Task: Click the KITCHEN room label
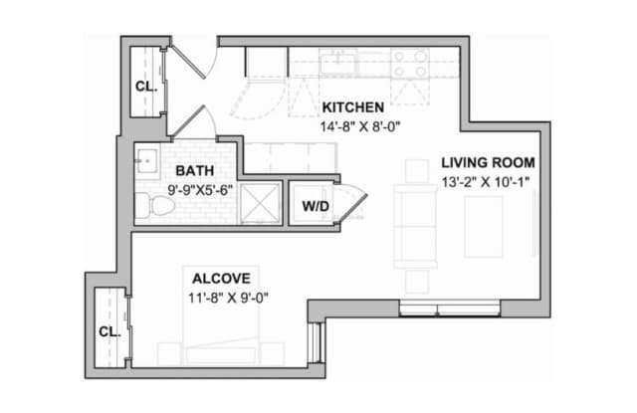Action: pos(352,107)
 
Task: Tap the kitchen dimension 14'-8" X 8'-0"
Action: pos(360,127)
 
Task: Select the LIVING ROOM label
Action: pos(488,162)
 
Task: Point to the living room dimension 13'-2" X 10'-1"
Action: pos(486,182)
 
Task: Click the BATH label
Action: pos(195,170)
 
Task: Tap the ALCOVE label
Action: pos(221,279)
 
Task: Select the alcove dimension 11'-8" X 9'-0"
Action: pos(228,299)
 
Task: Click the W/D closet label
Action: pos(316,206)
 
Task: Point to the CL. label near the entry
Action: pos(146,87)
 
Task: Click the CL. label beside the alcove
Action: pos(109,331)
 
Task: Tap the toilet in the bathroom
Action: pos(155,205)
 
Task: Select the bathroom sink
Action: pos(146,161)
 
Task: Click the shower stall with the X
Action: pos(260,203)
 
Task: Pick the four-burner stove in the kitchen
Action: pos(410,63)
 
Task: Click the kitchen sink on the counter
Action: pos(338,62)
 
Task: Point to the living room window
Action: pos(449,309)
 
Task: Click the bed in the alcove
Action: pos(221,315)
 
